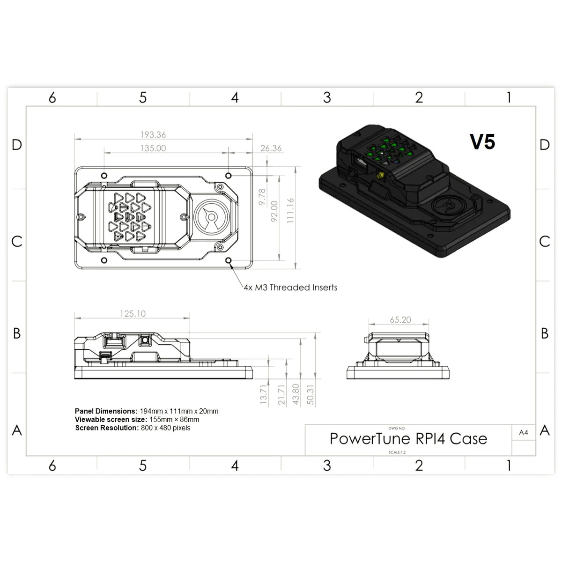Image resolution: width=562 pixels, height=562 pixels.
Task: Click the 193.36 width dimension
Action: pos(153,135)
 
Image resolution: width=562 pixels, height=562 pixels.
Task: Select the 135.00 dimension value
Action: pos(153,148)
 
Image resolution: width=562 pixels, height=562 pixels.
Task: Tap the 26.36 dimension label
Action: pos(271,148)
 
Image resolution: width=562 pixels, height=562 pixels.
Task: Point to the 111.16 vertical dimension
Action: pos(290,210)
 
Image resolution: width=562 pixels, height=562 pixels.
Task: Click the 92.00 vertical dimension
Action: pos(275,210)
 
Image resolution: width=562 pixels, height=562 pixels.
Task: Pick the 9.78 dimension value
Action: pos(262,197)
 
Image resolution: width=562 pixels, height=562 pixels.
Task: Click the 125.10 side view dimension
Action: pos(133,314)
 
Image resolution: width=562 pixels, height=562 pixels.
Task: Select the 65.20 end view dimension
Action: pos(400,320)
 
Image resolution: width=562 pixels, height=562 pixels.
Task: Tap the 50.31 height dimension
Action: pos(310,395)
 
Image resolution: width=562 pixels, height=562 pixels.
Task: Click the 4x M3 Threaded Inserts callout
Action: pos(290,288)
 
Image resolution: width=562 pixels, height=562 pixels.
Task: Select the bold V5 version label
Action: pos(482,142)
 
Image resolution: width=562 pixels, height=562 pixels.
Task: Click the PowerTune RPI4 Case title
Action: pos(408,439)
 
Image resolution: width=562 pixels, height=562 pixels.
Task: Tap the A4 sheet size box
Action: pos(524,433)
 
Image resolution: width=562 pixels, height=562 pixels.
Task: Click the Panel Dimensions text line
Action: pos(147,411)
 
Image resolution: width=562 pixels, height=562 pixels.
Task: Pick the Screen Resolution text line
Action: pos(133,428)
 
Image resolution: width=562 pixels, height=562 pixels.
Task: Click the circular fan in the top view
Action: pos(211,217)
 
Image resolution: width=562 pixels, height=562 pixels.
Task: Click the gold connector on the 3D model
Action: pos(380,176)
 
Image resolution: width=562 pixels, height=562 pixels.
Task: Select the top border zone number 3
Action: pos(327,97)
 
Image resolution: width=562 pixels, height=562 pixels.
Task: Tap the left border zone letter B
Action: pos(17,333)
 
